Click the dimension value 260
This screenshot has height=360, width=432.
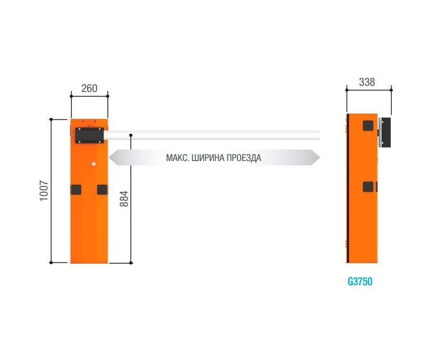pyautogui.click(x=89, y=88)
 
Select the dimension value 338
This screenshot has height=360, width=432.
pyautogui.click(x=367, y=82)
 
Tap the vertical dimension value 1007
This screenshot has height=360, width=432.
pyautogui.click(x=44, y=191)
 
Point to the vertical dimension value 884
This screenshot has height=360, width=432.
pyautogui.click(x=124, y=198)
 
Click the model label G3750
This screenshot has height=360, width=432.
pyautogui.click(x=360, y=281)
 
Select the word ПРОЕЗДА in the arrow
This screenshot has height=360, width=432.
pyautogui.click(x=244, y=158)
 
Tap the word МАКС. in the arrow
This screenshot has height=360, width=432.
pyautogui.click(x=177, y=158)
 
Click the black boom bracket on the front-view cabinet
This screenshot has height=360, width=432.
pyautogui.click(x=90, y=135)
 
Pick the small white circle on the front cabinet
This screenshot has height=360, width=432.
pyautogui.click(x=93, y=164)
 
